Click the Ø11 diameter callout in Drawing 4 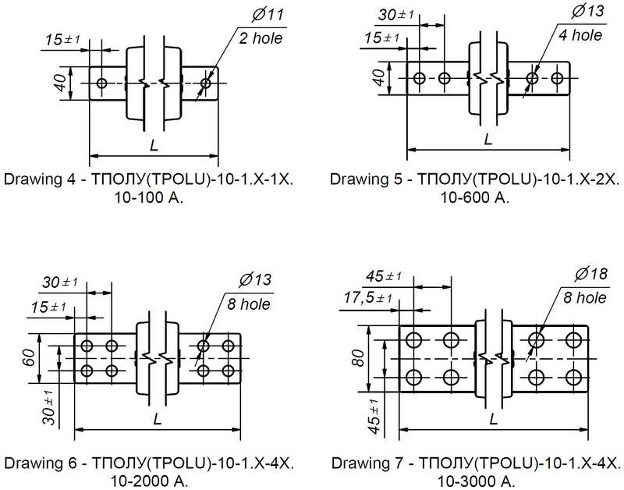click(268, 14)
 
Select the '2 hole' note click(261, 38)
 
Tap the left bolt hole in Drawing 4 click(102, 83)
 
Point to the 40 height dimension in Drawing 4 click(61, 83)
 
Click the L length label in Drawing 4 click(154, 145)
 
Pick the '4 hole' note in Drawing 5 click(580, 35)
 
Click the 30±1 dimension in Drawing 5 click(396, 15)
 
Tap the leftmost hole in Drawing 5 click(419, 78)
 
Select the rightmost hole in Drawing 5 click(557, 78)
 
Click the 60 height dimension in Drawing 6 click(30, 358)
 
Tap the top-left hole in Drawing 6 click(87, 346)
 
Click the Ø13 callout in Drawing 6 click(255, 280)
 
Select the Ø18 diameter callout click(591, 274)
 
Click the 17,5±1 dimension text click(368, 297)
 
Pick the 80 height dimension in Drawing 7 click(358, 358)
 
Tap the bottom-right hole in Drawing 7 click(573, 377)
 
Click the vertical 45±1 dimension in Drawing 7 click(374, 417)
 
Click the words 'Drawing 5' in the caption click(360, 179)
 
